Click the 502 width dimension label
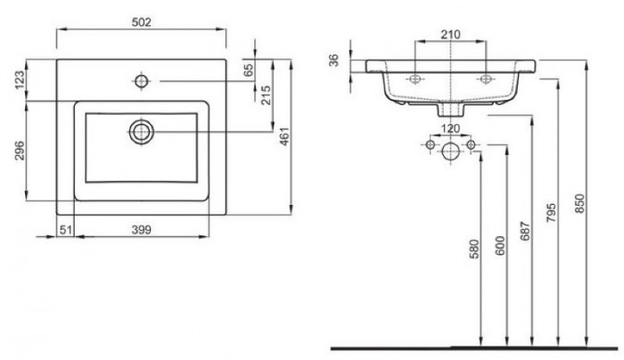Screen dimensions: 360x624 141,21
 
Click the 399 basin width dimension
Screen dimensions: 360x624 140,230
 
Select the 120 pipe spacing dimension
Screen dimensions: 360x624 452,128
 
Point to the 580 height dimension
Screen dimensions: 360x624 473,248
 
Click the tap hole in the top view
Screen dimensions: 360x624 141,82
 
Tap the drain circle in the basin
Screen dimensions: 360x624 141,131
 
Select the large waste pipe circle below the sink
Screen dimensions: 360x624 451,151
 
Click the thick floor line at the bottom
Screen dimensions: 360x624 464,345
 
